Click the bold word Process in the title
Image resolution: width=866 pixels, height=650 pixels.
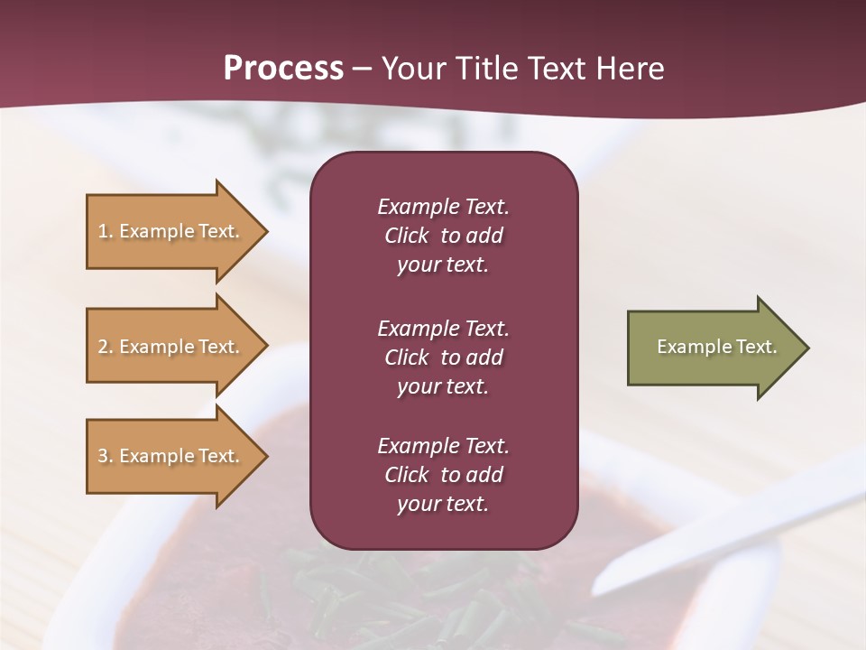[283, 69]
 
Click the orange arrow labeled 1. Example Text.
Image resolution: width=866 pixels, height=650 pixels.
[171, 231]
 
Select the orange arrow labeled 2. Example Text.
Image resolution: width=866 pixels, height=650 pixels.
[171, 347]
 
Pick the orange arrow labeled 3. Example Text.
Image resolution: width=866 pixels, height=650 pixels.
[171, 456]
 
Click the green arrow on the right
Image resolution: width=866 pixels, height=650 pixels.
[713, 348]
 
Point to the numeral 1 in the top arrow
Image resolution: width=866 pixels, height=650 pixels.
[103, 231]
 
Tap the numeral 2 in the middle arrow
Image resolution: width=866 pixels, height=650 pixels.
[103, 347]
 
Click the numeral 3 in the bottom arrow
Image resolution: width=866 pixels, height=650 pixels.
[103, 456]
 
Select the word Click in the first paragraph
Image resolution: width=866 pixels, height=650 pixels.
[406, 236]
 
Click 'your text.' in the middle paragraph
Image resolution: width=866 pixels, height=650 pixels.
[442, 386]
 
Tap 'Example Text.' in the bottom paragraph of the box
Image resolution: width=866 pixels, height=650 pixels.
[443, 446]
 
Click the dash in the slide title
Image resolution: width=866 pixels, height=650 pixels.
[362, 69]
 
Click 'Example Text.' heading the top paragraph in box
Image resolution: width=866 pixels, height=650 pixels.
[443, 207]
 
